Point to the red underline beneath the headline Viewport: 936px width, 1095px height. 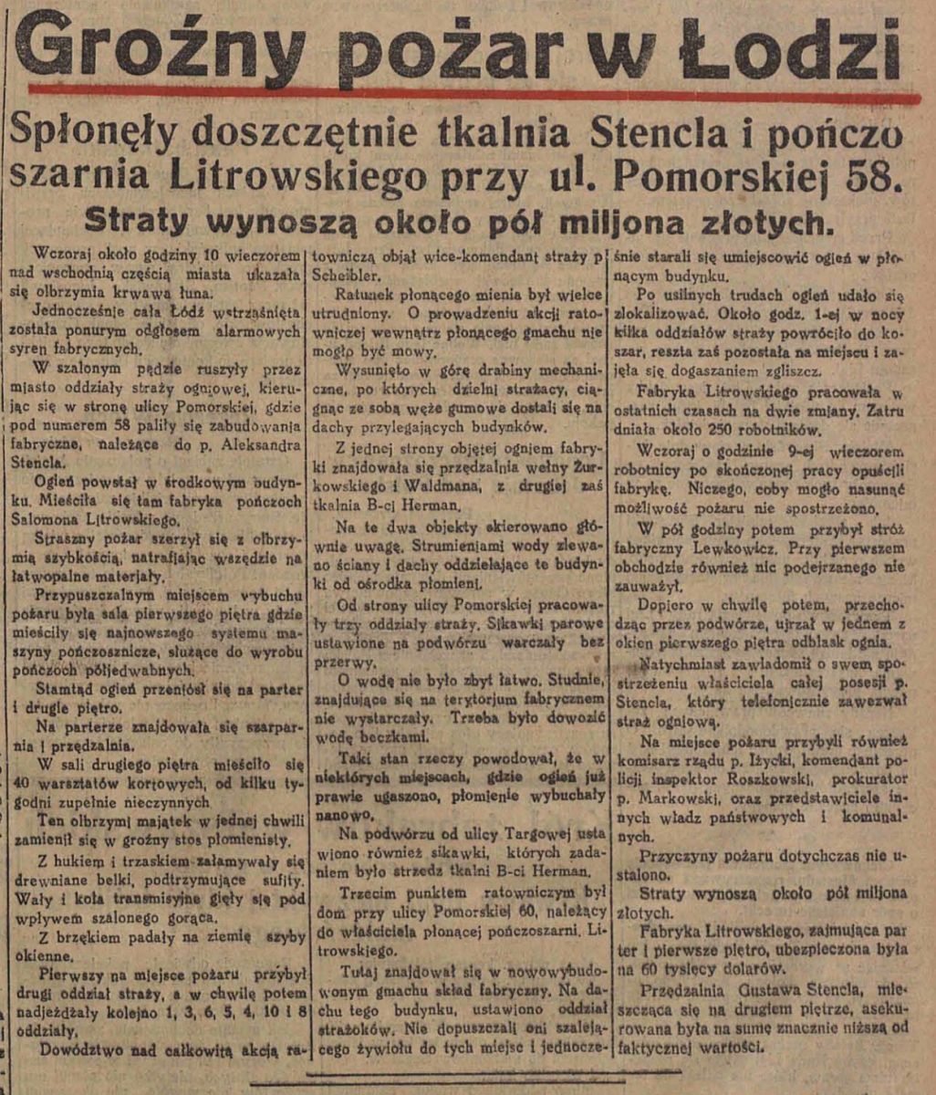[474, 93]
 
